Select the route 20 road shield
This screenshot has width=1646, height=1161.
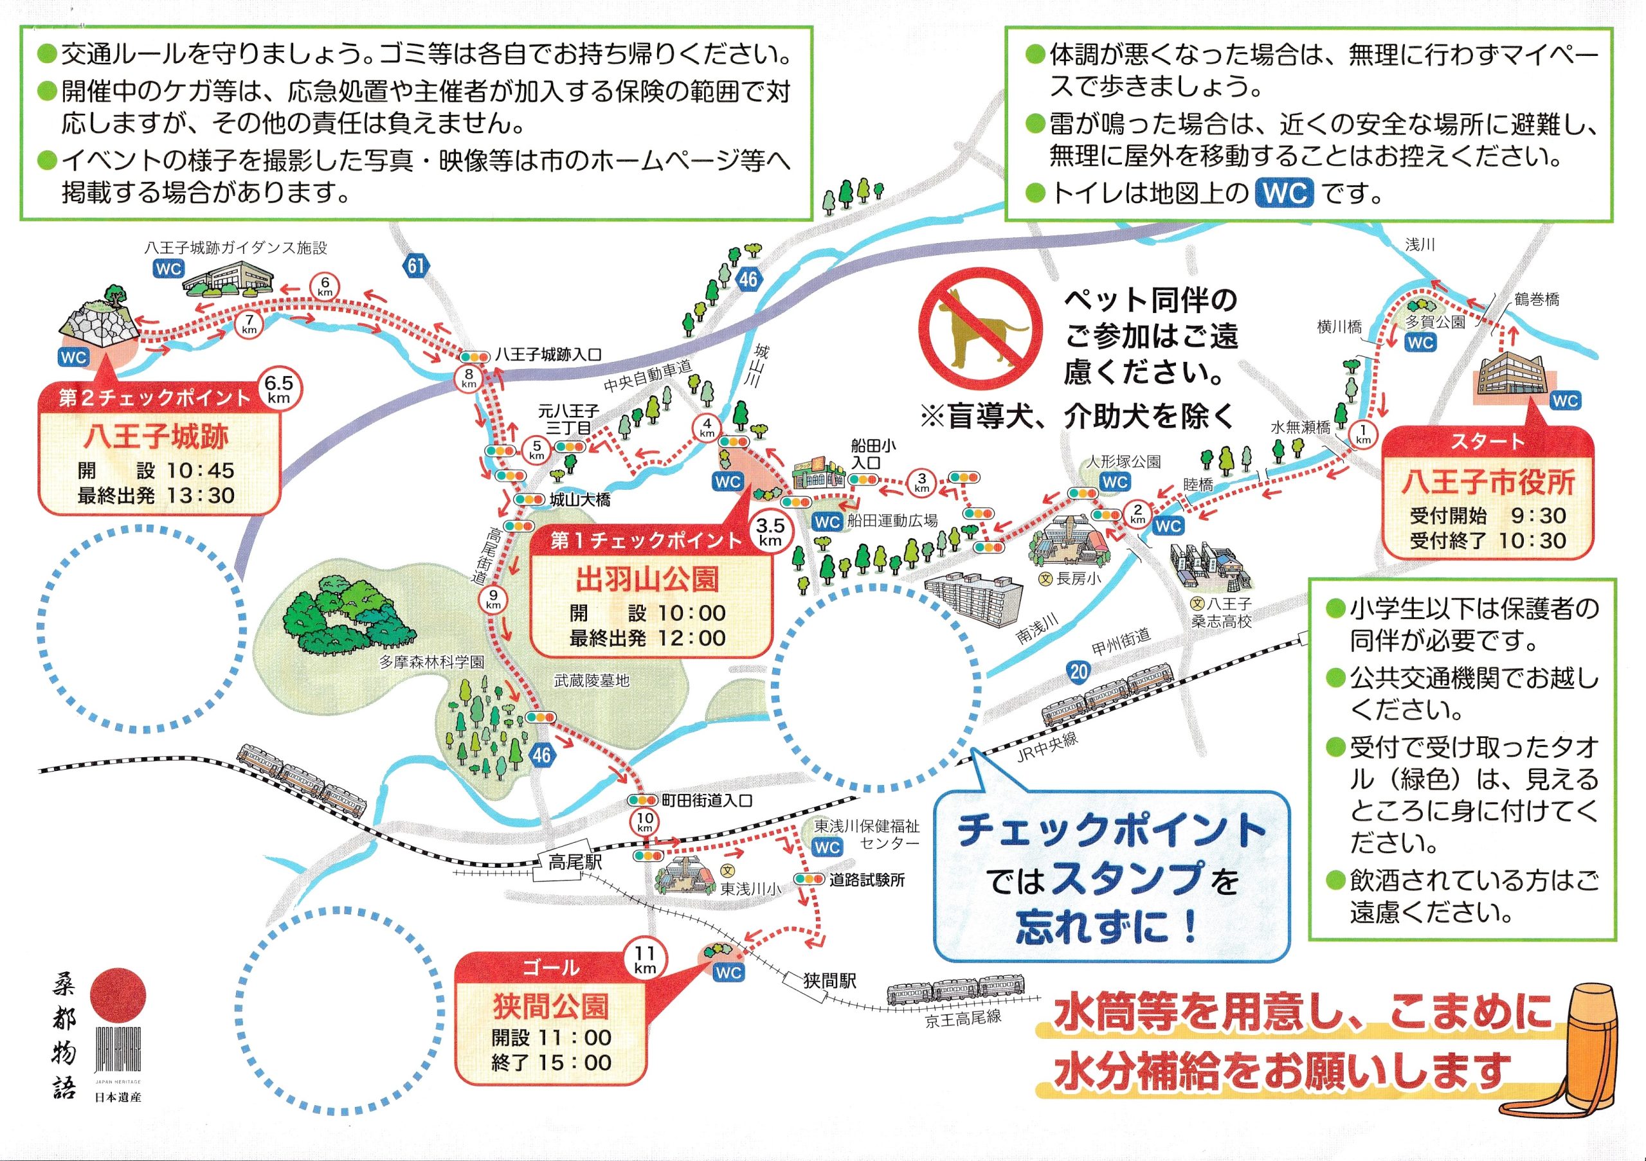click(1078, 672)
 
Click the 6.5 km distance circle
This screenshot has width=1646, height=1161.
click(278, 389)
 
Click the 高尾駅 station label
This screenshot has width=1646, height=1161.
click(575, 862)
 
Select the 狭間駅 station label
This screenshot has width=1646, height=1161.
click(829, 980)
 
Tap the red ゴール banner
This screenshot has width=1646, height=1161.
click(550, 968)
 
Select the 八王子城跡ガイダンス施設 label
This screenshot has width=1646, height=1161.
click(235, 248)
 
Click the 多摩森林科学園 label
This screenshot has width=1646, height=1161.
click(431, 662)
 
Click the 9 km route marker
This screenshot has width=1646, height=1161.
click(493, 599)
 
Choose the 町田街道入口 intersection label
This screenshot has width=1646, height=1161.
click(706, 800)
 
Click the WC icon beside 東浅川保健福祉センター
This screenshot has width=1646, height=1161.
click(828, 848)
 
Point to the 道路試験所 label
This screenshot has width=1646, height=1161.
click(867, 880)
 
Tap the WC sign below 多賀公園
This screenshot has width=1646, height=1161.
click(1420, 343)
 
